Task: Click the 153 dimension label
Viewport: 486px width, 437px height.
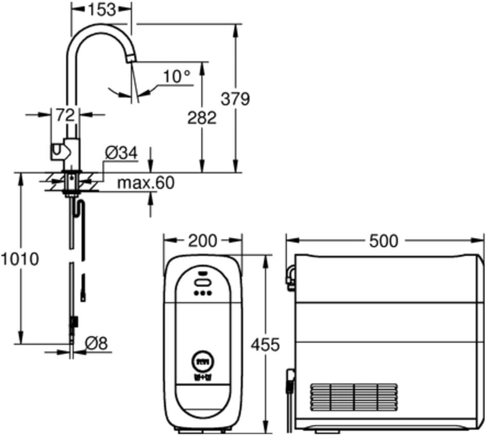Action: point(101,9)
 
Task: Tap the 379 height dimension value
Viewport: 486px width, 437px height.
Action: point(235,99)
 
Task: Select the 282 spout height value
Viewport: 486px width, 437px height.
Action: point(202,118)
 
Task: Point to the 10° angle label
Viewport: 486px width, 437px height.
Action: point(177,76)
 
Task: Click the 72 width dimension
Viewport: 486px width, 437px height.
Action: point(65,115)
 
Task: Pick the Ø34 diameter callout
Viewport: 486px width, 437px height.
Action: point(121,153)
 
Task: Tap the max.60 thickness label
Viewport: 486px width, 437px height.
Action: point(146,182)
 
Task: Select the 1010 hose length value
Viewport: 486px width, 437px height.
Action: point(20,259)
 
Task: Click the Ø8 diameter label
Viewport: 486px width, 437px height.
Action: point(96,344)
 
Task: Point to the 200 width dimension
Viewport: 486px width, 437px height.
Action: point(203,241)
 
